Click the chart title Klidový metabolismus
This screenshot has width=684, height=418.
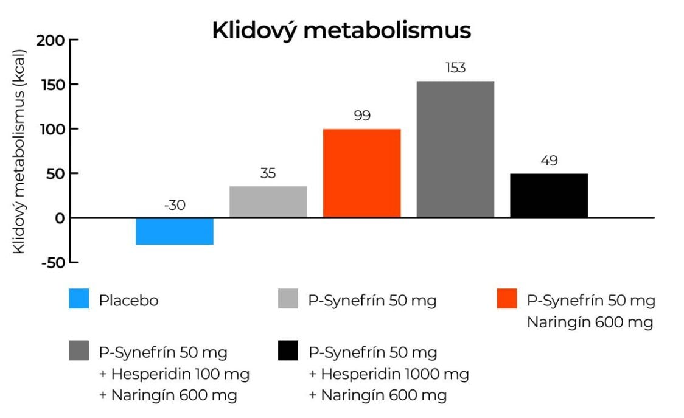[341, 30]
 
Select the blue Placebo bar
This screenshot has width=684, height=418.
[175, 231]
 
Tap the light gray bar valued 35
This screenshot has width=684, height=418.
[268, 202]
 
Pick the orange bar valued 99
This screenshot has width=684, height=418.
[362, 173]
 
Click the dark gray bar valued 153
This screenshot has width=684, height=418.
[455, 149]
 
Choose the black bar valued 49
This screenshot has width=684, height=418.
[549, 196]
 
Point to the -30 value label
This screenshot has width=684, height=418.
[175, 206]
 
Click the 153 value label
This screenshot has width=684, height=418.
[455, 68]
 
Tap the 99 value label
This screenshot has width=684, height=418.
[362, 116]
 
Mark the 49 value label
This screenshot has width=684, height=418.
[549, 161]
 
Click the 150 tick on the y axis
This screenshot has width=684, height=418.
[52, 85]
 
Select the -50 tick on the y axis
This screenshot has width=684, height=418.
[52, 262]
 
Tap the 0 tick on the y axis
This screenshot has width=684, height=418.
[60, 218]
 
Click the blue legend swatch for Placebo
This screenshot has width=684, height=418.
[79, 299]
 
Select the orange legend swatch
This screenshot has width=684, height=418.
[508, 299]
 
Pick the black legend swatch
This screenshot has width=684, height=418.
[288, 351]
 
